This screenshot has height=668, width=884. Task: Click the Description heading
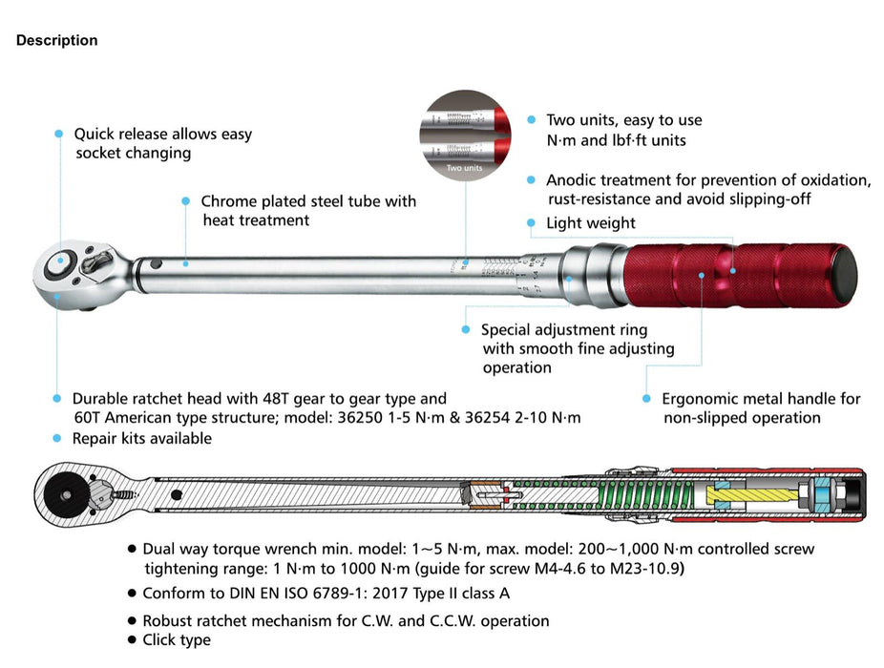pyautogui.click(x=56, y=40)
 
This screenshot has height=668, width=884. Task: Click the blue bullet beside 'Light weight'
pyautogui.click(x=532, y=223)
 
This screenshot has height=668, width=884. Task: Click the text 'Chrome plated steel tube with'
pyautogui.click(x=308, y=201)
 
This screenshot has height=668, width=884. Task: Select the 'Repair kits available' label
pyautogui.click(x=142, y=439)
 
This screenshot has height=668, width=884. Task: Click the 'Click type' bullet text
pyautogui.click(x=177, y=639)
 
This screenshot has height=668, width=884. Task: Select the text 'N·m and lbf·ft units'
pyautogui.click(x=616, y=140)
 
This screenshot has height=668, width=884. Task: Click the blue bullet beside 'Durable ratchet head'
pyautogui.click(x=58, y=399)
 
